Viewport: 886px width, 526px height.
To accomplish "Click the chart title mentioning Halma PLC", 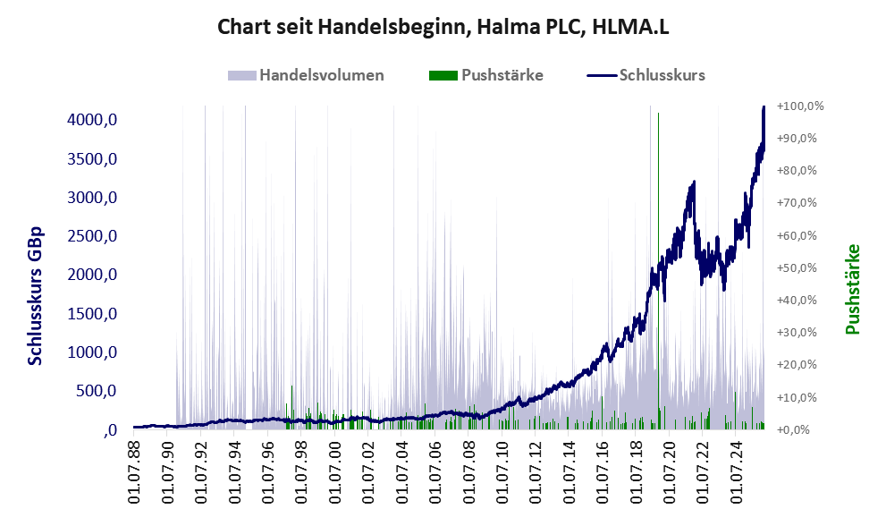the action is tap(443, 27).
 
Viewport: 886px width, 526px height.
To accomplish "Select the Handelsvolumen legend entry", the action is tap(306, 75).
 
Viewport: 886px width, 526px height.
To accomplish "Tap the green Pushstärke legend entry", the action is tap(486, 75).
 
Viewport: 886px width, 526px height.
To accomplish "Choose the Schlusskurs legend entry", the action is tap(646, 75).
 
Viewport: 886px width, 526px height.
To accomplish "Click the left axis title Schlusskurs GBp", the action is tap(35, 296).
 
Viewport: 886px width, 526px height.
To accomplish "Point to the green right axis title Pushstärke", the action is tap(853, 289).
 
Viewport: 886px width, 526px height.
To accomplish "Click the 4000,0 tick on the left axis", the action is tap(92, 120).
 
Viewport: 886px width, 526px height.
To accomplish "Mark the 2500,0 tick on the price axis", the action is tap(92, 236).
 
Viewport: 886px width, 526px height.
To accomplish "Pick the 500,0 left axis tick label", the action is tap(97, 391).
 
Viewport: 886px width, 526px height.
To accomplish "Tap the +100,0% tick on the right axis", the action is tap(800, 106).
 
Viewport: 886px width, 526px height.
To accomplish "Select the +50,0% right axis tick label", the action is tap(797, 268).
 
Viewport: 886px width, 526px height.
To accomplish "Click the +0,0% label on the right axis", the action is tap(794, 430).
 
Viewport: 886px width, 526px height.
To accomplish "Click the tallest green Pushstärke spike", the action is tap(659, 271).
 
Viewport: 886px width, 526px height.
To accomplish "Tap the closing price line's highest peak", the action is tap(764, 106).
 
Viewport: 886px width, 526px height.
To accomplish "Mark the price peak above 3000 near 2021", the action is tap(693, 182).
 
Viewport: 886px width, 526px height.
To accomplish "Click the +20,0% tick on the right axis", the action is tap(797, 365).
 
